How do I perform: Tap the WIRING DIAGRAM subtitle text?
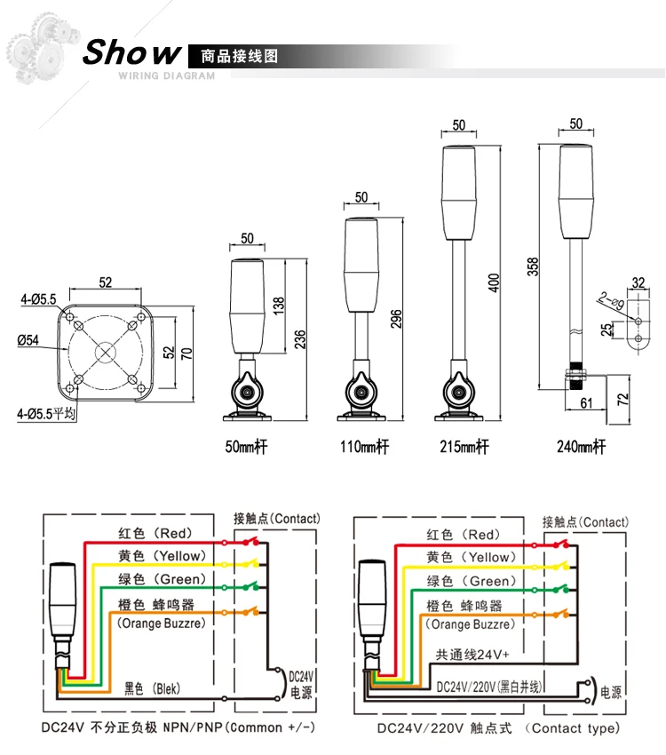tap(166, 76)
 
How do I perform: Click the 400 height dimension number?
tap(495, 282)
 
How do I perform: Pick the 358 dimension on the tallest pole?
tap(533, 266)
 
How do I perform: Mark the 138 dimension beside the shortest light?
tap(279, 306)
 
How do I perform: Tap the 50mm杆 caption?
tap(246, 447)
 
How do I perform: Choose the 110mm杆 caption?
tap(363, 447)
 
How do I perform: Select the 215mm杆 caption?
tap(464, 447)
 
